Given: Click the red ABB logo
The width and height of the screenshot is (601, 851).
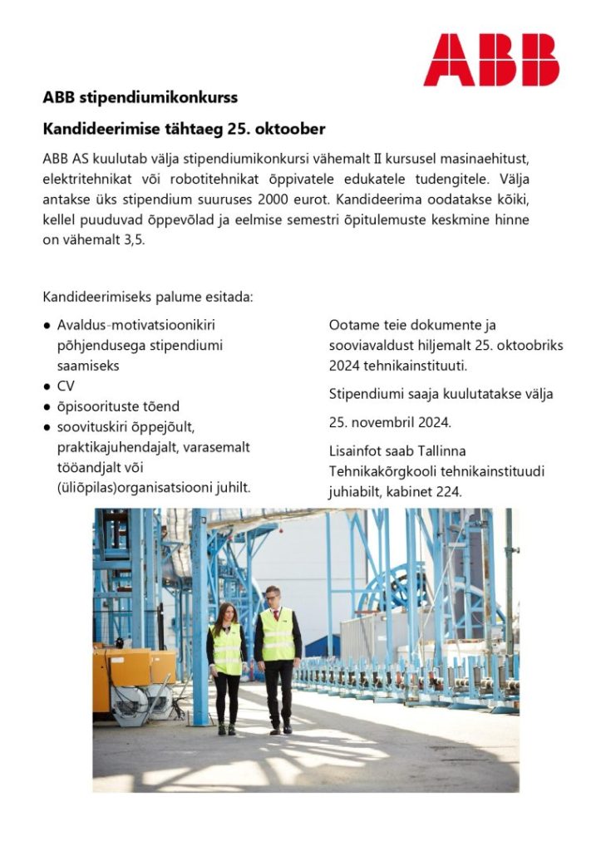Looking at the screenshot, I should pos(490,60).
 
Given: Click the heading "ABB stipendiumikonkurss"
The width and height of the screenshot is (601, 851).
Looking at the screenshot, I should pos(140,97).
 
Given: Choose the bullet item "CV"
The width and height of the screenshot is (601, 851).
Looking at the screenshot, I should pos(66,386).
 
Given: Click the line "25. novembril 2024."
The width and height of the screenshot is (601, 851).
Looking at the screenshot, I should pos(390,422).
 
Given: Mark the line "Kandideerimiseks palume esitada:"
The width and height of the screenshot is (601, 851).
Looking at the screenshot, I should pos(147,296).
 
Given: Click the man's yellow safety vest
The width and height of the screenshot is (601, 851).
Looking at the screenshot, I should pos(277,636).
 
